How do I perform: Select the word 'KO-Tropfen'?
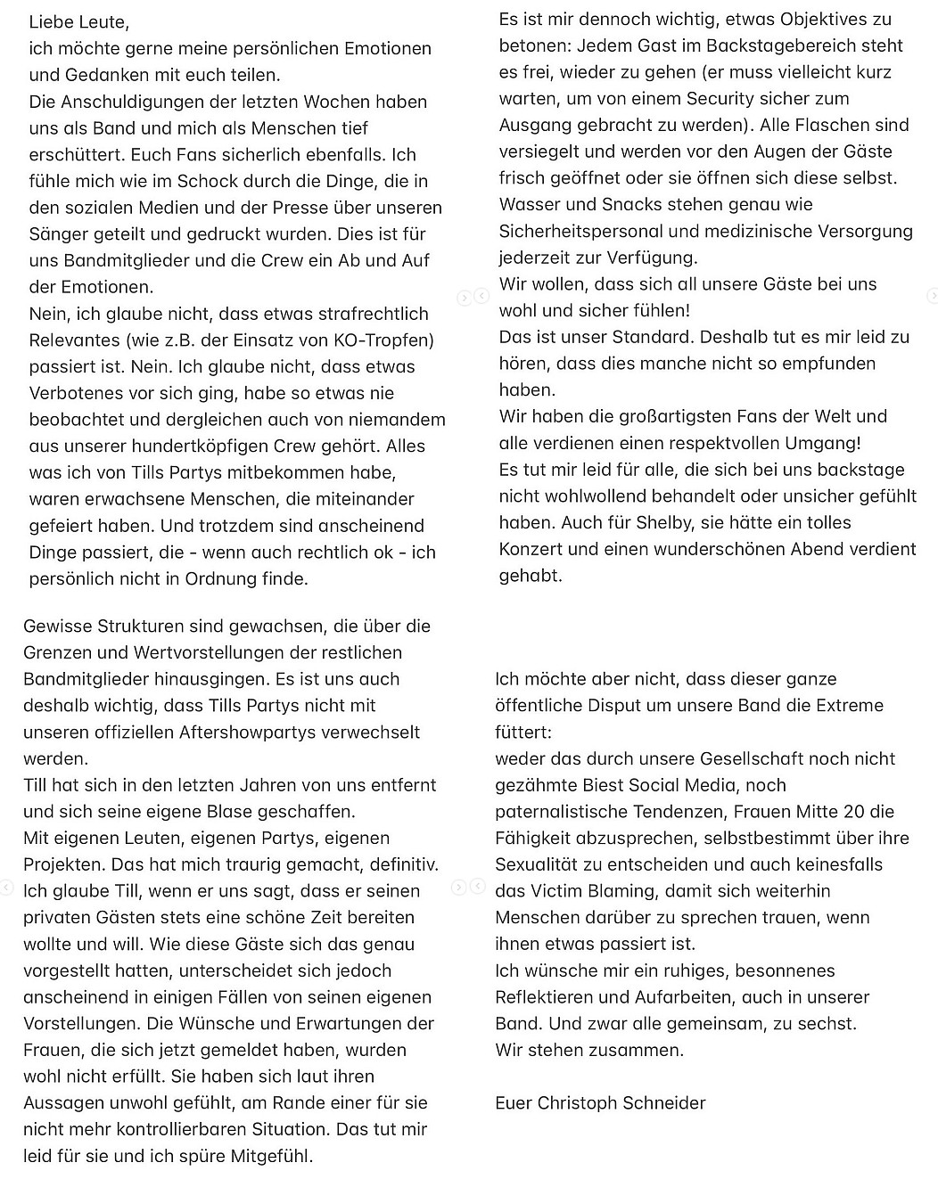384,340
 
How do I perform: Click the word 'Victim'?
554,891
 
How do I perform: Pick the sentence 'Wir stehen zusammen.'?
589,1050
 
